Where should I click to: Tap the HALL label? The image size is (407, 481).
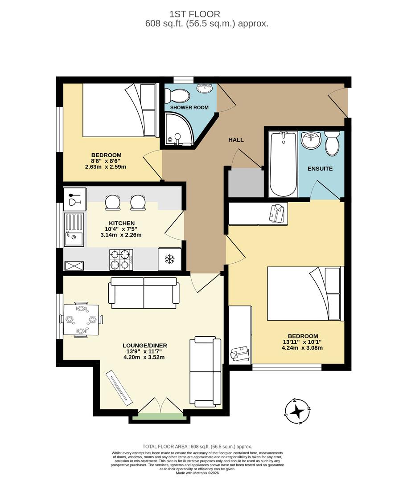coord(236,140)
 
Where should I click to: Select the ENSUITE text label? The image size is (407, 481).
coord(320,169)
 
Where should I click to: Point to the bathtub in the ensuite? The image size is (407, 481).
coord(284,164)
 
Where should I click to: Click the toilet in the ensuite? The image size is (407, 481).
coord(332,143)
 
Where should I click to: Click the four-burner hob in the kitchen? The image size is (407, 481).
coord(121,259)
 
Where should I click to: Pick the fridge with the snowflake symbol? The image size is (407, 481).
coord(169,259)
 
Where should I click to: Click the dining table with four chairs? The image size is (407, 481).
coord(81,319)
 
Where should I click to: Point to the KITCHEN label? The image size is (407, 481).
coord(121,223)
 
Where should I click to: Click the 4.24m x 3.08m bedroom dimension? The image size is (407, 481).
coord(303,348)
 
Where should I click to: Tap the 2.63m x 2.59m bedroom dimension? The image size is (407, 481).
coord(106,167)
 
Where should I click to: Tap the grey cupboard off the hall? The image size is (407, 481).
coord(246,183)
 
